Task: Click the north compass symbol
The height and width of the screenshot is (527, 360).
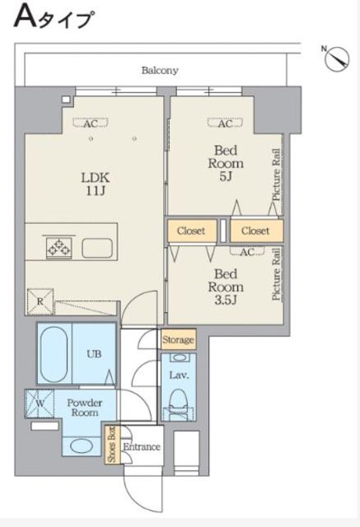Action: pos(337,58)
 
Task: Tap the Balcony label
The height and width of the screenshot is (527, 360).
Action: pos(160,71)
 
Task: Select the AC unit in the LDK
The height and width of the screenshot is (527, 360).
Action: pos(91,124)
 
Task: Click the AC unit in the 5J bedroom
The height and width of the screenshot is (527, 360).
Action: pos(225,124)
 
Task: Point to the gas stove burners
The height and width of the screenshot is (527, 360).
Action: pos(59,248)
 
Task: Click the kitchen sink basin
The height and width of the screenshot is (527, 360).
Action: pos(97,248)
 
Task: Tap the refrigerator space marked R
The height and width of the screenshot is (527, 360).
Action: pos(40,301)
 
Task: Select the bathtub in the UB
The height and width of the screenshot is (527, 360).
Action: pos(54,354)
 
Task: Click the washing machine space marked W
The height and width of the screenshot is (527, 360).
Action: pos(40,403)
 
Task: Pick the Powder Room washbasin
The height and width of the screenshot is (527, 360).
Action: pos(82,446)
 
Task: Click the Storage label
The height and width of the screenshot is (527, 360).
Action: pos(178,339)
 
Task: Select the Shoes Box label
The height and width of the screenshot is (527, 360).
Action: pos(111,445)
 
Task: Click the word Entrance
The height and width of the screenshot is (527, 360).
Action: pos(142,446)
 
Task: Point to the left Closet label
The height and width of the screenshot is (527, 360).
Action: pos(191,231)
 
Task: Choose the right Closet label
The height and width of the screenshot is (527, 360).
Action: pos(255,231)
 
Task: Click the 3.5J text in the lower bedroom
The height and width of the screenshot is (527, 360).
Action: pos(226,300)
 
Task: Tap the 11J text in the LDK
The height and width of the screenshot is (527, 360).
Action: pos(96,191)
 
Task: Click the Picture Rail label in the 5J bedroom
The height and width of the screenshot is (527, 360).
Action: pos(276,175)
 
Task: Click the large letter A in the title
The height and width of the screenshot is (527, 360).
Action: pos(25,16)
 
